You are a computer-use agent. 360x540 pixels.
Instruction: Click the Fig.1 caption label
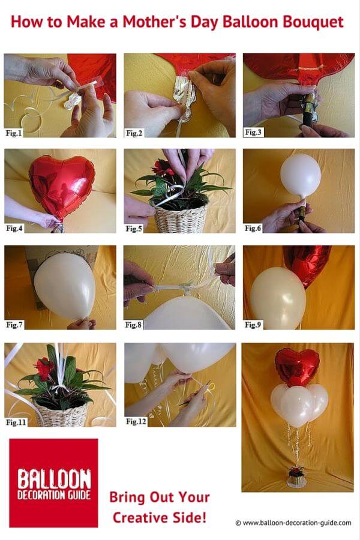[14, 133]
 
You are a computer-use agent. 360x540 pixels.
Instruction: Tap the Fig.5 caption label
[134, 229]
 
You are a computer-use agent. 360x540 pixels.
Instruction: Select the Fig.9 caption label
[253, 325]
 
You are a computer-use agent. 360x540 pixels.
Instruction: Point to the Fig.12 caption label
[136, 421]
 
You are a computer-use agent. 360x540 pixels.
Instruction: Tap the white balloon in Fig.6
[301, 175]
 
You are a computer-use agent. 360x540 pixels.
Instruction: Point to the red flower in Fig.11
[43, 368]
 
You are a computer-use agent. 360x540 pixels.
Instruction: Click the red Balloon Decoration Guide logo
[54, 483]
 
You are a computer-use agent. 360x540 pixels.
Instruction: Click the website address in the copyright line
[297, 523]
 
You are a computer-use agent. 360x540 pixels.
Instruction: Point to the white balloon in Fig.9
[278, 298]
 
